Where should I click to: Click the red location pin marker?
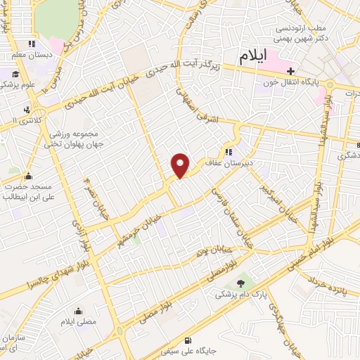pyautogui.click(x=181, y=165)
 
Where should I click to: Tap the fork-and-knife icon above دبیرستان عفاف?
pyautogui.click(x=229, y=151)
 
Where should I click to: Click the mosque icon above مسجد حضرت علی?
pyautogui.click(x=29, y=176)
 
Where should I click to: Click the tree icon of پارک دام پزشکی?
pyautogui.click(x=242, y=282)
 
